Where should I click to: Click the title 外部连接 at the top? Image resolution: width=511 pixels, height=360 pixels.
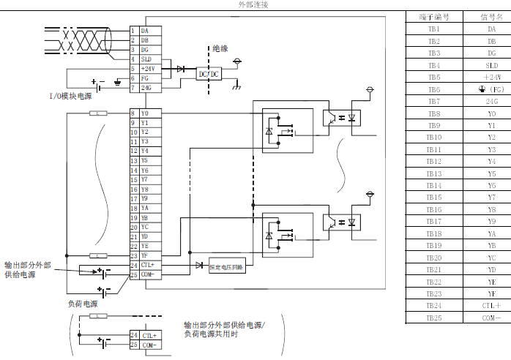pyautogui.click(x=254, y=5)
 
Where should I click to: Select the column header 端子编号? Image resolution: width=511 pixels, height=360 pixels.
pyautogui.click(x=433, y=16)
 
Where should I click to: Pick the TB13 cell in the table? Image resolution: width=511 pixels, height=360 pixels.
pyautogui.click(x=433, y=173)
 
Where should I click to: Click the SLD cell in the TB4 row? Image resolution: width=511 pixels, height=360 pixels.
pyautogui.click(x=491, y=65)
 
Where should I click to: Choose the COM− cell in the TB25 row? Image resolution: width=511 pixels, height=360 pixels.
pyautogui.click(x=491, y=318)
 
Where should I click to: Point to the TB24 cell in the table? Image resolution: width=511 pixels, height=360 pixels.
pyautogui.click(x=433, y=305)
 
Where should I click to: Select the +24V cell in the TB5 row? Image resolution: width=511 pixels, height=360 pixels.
pyautogui.click(x=491, y=77)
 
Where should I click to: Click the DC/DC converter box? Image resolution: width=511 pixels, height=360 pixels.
pyautogui.click(x=209, y=74)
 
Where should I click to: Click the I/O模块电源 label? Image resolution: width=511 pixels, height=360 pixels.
pyautogui.click(x=72, y=97)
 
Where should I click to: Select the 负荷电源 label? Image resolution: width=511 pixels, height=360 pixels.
pyautogui.click(x=82, y=303)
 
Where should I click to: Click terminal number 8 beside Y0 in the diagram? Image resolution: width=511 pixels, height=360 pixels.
pyautogui.click(x=133, y=113)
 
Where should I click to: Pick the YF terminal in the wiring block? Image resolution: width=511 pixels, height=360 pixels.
pyautogui.click(x=144, y=255)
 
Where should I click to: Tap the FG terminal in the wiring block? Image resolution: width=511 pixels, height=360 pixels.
pyautogui.click(x=144, y=78)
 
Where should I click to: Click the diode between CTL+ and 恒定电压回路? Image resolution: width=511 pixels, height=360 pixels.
pyautogui.click(x=198, y=265)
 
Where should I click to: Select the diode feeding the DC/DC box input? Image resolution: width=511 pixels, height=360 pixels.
pyautogui.click(x=180, y=69)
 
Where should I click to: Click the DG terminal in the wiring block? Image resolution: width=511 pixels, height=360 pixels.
pyautogui.click(x=144, y=50)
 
